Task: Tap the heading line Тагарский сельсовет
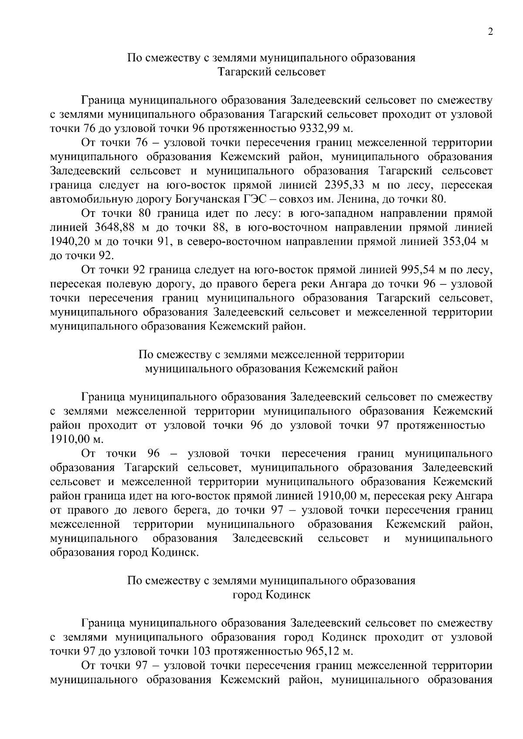tap(271, 72)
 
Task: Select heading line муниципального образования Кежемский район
tap(271, 369)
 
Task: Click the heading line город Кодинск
tap(271, 595)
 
